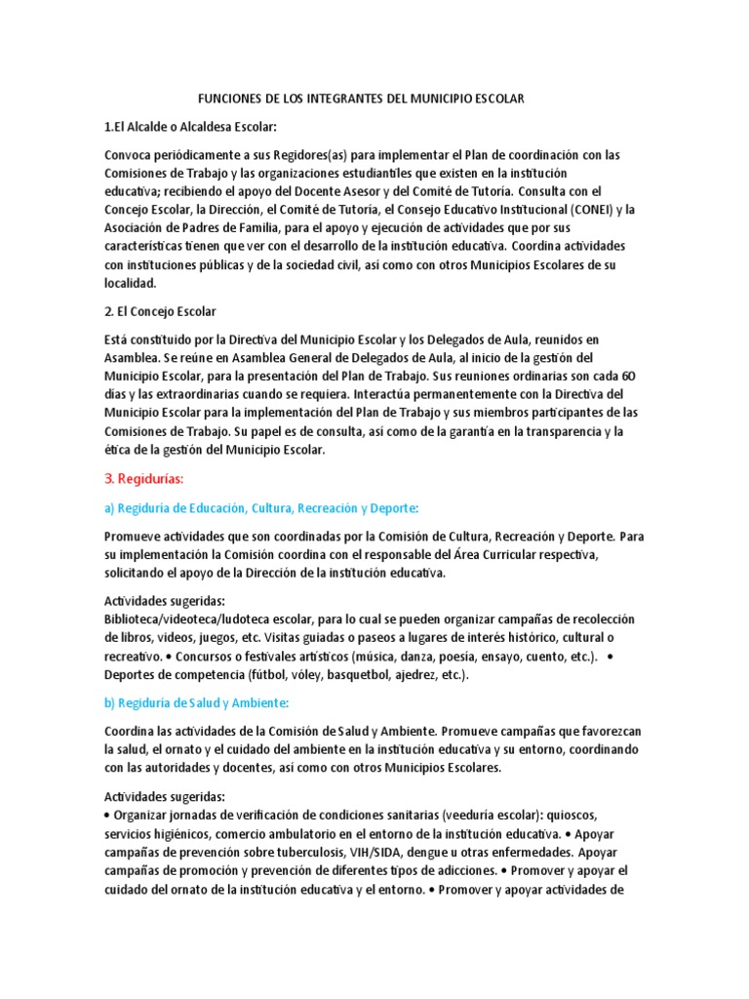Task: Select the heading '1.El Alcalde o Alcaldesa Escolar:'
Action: point(190,127)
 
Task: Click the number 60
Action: point(629,375)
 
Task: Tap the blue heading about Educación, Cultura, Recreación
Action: point(260,507)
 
